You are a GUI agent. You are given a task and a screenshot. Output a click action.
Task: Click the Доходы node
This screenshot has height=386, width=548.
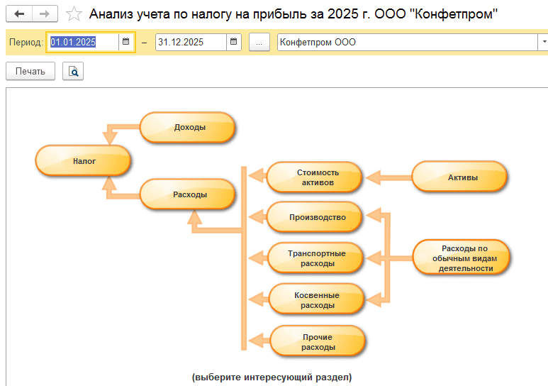point(187,128)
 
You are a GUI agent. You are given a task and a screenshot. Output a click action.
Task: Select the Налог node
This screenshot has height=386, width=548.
point(83,161)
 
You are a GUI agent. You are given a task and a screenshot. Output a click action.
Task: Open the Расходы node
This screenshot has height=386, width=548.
point(187,194)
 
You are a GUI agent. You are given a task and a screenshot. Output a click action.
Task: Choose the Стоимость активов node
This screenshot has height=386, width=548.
point(314,177)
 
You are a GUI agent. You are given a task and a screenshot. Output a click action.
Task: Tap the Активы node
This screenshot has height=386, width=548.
point(459,177)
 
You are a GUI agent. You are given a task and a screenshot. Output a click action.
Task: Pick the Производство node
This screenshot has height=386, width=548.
point(314,217)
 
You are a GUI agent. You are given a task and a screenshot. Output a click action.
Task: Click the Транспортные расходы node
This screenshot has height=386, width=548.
point(315,258)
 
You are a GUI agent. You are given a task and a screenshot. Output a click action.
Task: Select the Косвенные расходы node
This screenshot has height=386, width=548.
point(317,300)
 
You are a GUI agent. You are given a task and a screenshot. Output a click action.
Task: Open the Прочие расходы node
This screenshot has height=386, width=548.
point(318,342)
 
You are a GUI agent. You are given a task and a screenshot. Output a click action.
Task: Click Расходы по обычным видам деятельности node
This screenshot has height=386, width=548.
point(462,258)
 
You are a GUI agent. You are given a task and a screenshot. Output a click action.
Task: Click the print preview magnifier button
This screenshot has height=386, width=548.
point(73,72)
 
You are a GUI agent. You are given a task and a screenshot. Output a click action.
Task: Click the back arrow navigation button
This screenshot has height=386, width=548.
point(19,14)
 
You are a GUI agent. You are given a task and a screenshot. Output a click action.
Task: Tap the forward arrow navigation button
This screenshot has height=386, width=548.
point(45,14)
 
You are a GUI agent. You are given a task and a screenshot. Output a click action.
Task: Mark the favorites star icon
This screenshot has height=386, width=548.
point(74,14)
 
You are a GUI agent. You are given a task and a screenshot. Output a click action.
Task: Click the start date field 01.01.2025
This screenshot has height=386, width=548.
point(82,43)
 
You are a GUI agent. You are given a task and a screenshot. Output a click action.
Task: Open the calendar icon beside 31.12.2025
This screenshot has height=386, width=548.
point(233,42)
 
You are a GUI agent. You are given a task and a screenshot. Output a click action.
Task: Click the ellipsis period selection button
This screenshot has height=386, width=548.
point(259,43)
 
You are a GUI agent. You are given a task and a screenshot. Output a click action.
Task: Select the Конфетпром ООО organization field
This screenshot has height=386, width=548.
point(407,43)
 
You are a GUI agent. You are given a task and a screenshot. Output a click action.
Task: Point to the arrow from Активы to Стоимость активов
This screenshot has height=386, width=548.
point(388,177)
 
